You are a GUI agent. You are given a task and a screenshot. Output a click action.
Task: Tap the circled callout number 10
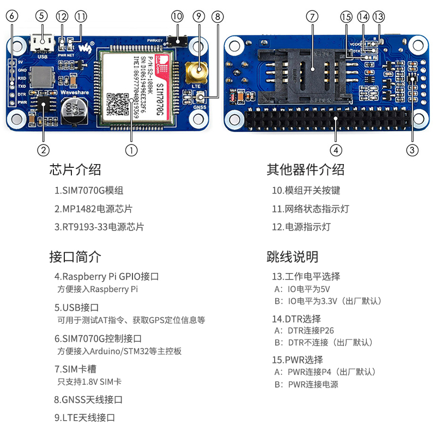(177, 16)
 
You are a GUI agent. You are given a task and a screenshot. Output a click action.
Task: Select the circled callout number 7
(312, 16)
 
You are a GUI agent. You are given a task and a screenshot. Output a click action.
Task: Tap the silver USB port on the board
(43, 41)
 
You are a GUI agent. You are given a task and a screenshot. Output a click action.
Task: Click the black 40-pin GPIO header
(327, 120)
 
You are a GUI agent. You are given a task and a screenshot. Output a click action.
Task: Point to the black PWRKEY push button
(178, 41)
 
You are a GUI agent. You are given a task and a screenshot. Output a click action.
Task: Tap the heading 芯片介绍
(75, 169)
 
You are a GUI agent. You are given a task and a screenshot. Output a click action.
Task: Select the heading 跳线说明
(293, 257)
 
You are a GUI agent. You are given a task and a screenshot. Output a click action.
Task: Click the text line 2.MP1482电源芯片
(93, 209)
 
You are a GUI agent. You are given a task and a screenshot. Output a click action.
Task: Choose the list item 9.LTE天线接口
(84, 417)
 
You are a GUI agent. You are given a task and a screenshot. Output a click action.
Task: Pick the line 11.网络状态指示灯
(310, 209)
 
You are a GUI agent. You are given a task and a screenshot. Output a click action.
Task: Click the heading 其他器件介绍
(305, 169)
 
